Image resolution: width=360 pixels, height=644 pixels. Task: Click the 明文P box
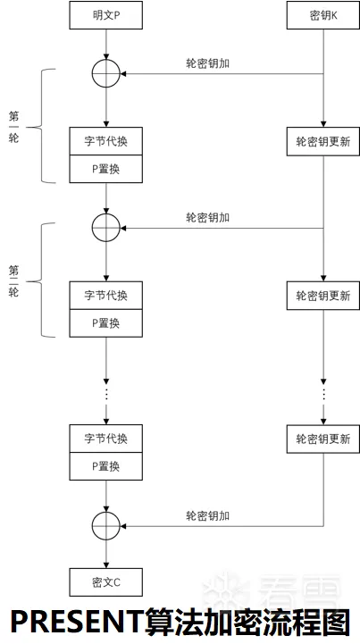pyautogui.click(x=106, y=15)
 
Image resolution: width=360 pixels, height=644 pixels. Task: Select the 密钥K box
pyautogui.click(x=323, y=15)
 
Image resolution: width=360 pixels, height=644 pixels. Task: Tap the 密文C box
pyautogui.click(x=106, y=582)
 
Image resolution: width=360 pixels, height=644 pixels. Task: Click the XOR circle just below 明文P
pyautogui.click(x=106, y=73)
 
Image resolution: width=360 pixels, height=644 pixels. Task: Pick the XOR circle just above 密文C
pyautogui.click(x=106, y=526)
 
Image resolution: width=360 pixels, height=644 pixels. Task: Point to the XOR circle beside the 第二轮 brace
pyautogui.click(x=106, y=228)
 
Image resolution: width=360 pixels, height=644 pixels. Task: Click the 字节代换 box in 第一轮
pyautogui.click(x=106, y=141)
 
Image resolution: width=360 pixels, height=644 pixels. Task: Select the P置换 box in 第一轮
pyautogui.click(x=106, y=169)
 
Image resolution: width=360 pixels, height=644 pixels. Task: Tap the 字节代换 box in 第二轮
pyautogui.click(x=106, y=296)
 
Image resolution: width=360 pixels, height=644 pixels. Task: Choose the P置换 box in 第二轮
pyautogui.click(x=106, y=323)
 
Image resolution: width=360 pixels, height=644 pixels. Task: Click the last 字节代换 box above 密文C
pyautogui.click(x=106, y=439)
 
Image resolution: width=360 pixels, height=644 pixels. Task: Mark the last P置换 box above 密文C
pyautogui.click(x=106, y=466)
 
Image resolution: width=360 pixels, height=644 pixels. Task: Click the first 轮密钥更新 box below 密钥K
pyautogui.click(x=323, y=141)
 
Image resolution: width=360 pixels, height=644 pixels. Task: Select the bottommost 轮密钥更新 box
pyautogui.click(x=323, y=439)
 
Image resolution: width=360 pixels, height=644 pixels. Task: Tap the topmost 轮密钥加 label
pyautogui.click(x=207, y=63)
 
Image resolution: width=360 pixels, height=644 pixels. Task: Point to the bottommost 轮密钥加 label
pyautogui.click(x=207, y=515)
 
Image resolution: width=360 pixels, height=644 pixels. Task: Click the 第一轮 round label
pyautogui.click(x=14, y=127)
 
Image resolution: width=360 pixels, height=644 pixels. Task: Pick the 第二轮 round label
pyautogui.click(x=14, y=281)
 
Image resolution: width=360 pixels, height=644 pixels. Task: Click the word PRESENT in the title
pyautogui.click(x=77, y=623)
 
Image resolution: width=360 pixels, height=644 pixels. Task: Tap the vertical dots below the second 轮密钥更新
pyautogui.click(x=323, y=394)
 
